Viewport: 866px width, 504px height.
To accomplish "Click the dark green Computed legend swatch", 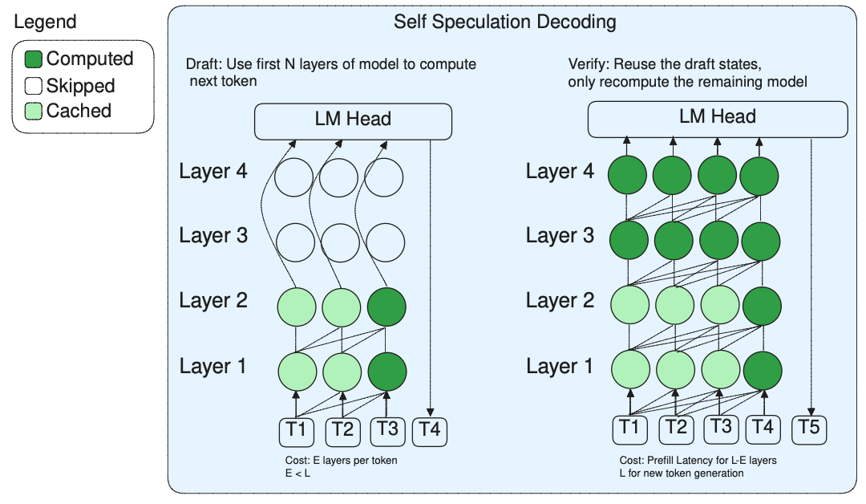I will click(x=34, y=59).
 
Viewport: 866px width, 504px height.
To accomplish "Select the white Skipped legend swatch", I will click(x=34, y=86).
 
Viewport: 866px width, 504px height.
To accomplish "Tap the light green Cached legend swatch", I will click(x=34, y=112).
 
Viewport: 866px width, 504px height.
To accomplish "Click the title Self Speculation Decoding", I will click(x=505, y=22).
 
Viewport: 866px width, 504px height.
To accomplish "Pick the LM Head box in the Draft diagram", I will click(x=353, y=120).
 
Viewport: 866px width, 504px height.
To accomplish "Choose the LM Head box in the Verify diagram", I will click(x=718, y=117).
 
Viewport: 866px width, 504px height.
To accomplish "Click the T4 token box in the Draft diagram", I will click(x=430, y=431).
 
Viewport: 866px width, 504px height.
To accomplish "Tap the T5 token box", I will click(x=809, y=429).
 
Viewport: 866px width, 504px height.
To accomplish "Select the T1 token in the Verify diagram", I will click(x=630, y=429).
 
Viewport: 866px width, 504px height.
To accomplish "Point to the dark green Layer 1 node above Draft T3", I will click(x=386, y=370).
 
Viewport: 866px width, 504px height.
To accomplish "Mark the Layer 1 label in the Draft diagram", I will click(x=213, y=367).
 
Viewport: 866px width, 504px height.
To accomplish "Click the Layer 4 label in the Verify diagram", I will click(x=560, y=171).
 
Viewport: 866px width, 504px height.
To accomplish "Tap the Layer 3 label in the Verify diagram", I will click(x=560, y=236).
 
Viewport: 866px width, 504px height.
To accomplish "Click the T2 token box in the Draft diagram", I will click(x=342, y=431).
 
